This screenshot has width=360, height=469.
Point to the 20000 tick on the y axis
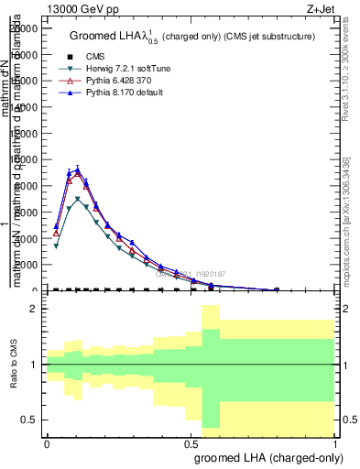click(25, 28)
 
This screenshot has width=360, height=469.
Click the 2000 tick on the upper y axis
click(27, 265)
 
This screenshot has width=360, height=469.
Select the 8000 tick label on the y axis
click(27, 186)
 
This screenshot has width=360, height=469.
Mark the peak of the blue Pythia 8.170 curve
click(78, 169)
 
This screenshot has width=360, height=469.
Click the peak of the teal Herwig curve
click(78, 198)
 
